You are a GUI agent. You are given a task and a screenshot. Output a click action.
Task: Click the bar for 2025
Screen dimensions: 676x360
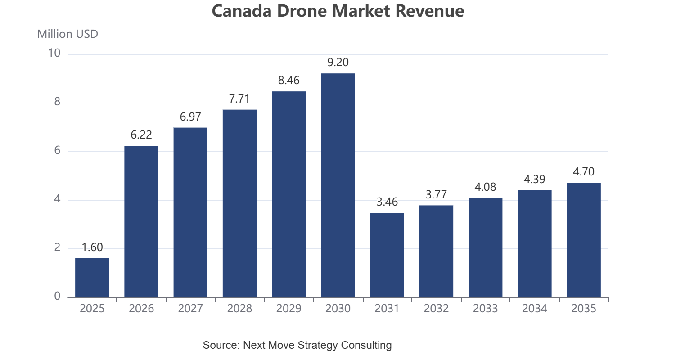pos(92,278)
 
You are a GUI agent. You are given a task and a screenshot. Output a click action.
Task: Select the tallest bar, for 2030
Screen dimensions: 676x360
pos(338,185)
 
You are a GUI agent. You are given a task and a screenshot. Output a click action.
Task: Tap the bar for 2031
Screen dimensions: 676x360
pos(387,255)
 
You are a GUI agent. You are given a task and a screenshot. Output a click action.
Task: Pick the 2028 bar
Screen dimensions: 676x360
pos(239,203)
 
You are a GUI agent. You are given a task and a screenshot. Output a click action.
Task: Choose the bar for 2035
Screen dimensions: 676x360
pos(584,240)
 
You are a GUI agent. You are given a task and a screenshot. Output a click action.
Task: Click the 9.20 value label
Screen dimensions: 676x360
pos(338,62)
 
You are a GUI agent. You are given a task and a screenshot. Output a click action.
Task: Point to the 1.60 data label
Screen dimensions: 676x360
pos(92,247)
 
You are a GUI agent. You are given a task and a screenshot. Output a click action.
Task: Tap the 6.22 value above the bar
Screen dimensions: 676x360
pos(141,135)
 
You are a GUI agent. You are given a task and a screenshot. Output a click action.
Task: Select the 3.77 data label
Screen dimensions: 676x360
pos(436,195)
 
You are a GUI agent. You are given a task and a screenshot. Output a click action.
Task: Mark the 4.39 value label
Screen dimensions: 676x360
pos(535,179)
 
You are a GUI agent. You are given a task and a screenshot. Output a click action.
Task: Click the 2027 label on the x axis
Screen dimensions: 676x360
pos(190,308)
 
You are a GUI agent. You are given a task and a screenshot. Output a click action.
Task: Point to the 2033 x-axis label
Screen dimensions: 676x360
pos(485,308)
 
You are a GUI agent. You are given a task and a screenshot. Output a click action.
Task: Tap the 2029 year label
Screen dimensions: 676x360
pos(289,308)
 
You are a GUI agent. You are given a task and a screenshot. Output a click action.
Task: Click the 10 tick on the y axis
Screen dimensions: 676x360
pos(54,53)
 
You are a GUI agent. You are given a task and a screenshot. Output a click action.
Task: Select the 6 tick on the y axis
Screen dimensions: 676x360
pos(57,150)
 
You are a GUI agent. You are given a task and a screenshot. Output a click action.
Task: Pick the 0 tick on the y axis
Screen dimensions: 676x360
pos(57,296)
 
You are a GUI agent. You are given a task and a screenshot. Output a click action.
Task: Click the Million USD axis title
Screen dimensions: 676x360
pos(68,34)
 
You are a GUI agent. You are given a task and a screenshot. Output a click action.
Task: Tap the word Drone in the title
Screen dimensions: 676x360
pos(302,11)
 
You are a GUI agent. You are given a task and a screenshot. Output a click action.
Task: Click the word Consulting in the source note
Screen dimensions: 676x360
pos(366,345)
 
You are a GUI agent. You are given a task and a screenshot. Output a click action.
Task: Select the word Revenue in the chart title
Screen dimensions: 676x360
pos(430,11)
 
